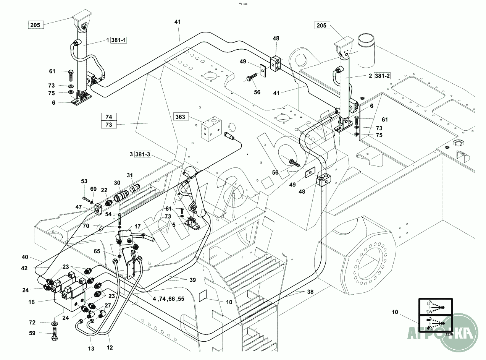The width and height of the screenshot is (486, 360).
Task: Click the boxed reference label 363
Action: pos(181,117)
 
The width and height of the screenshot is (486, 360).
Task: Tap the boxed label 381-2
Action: pos(382,76)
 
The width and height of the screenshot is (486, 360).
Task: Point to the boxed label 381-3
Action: pos(143,154)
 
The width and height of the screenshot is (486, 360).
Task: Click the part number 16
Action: pos(31,302)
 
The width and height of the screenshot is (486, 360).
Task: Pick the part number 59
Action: pos(32,333)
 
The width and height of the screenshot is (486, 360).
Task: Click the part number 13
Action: pos(90,349)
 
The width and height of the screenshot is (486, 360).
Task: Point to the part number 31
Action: pos(130,175)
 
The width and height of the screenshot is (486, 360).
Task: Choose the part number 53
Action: pos(84,181)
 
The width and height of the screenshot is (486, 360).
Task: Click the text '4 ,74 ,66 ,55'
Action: pos(168,299)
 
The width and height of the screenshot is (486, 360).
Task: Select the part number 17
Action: pos(137,227)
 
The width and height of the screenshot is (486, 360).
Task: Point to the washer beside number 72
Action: pos(54,324)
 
